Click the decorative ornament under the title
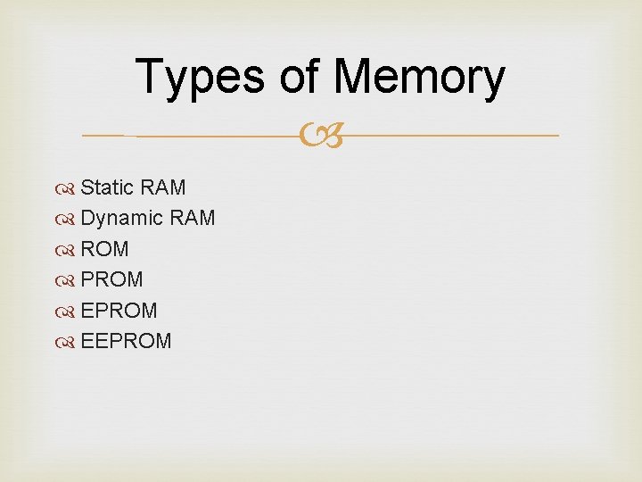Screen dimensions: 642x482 point(323,137)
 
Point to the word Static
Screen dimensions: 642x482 point(106,187)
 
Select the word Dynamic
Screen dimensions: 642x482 point(121,218)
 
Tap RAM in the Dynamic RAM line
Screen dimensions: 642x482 point(191,218)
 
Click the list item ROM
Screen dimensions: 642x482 point(104,249)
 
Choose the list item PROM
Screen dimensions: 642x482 point(111,279)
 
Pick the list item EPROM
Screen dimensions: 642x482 point(119,311)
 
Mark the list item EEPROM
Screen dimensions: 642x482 point(126,341)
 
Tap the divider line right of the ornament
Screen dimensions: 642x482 point(446,136)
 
